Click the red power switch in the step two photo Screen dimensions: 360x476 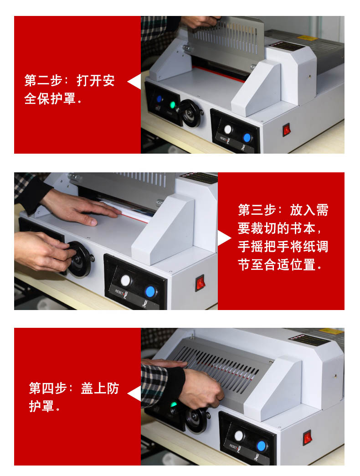(287, 130)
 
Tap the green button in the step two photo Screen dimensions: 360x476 (173, 105)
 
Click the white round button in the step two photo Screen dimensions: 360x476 (228, 129)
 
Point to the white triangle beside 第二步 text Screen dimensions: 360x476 (134, 81)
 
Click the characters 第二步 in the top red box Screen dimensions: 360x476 (43, 80)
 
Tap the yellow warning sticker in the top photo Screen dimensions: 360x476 (307, 38)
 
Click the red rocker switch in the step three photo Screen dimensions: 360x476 (200, 283)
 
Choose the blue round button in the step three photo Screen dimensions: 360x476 (150, 291)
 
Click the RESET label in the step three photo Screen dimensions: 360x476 (119, 292)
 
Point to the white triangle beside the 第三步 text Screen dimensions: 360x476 (225, 238)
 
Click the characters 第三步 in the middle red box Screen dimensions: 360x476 (257, 210)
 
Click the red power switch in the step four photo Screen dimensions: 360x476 (307, 438)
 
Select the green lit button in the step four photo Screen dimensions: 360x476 (174, 404)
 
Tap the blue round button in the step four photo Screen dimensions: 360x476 (261, 446)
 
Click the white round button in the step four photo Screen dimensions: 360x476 (239, 435)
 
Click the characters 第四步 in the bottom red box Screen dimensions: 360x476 (48, 388)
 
